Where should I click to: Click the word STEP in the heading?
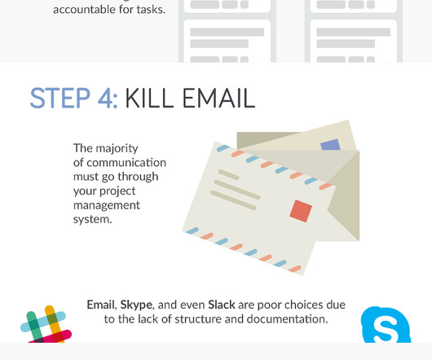point(60,98)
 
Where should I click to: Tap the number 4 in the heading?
point(106,98)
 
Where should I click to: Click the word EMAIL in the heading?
point(219,98)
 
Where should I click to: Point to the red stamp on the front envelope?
point(301,211)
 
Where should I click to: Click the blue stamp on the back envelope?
point(331,144)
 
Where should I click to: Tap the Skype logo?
point(386,325)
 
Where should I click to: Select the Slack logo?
point(46,324)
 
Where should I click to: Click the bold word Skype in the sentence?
point(136,305)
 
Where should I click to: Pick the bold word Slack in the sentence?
point(222,305)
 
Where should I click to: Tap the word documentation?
point(287,319)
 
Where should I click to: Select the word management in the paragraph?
point(107,206)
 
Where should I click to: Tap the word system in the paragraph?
point(91,220)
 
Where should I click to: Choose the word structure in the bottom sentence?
point(198,319)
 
